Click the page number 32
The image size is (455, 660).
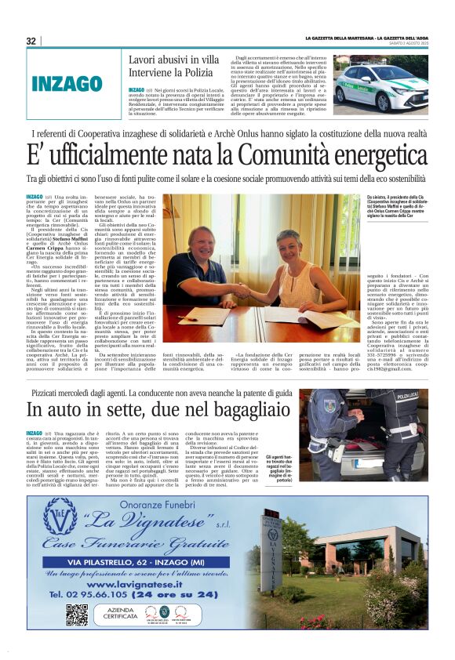pyautogui.click(x=31, y=42)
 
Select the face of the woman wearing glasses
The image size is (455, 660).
pyautogui.click(x=288, y=241)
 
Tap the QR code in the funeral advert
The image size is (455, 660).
pyautogui.click(x=76, y=614)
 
